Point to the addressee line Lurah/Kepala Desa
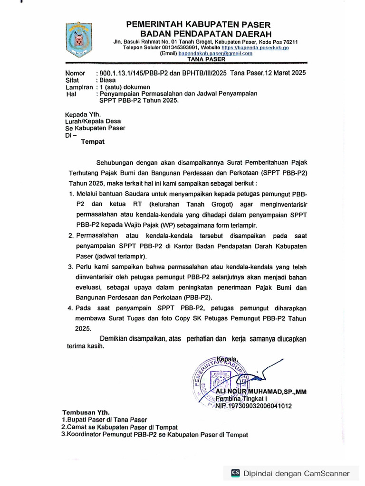point(93,121)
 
